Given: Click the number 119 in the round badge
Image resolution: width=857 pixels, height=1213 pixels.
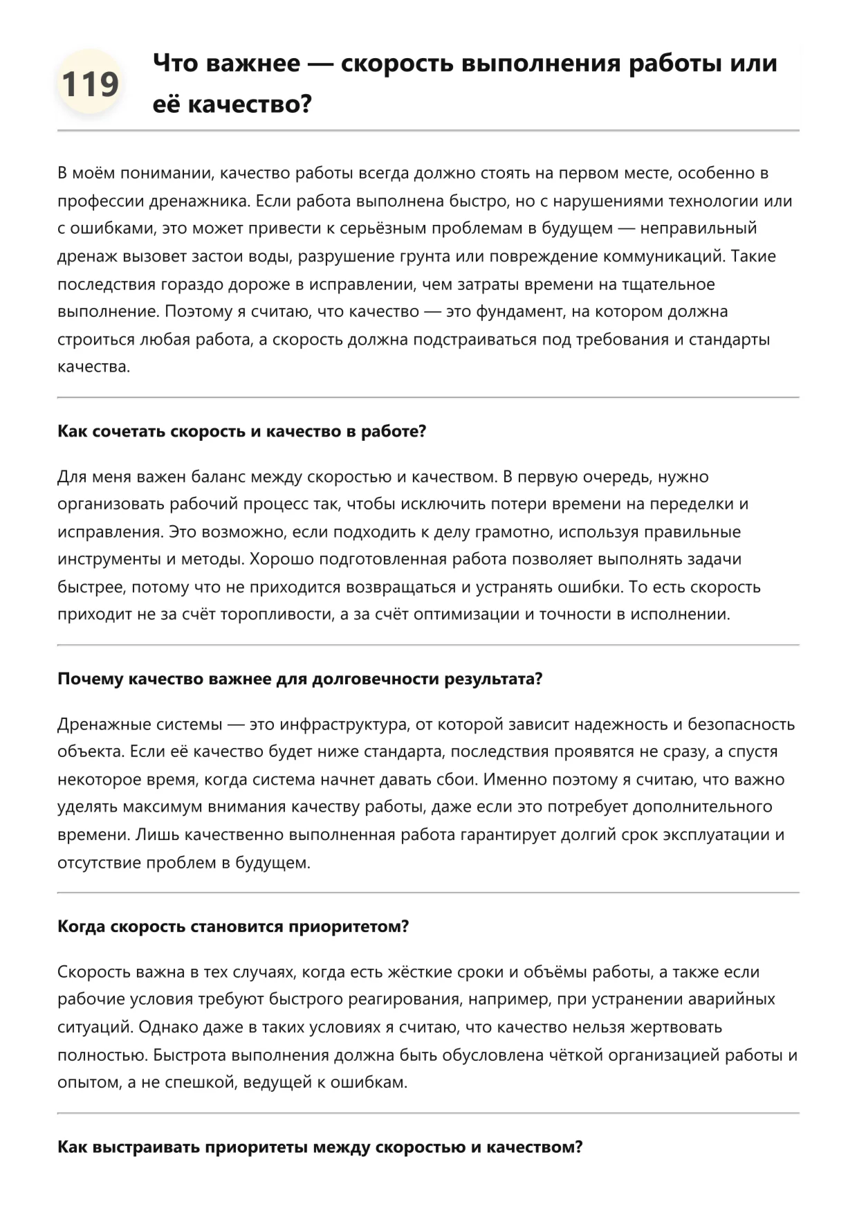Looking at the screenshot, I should [x=90, y=84].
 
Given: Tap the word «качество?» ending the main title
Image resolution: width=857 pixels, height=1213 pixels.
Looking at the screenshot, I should [x=250, y=104].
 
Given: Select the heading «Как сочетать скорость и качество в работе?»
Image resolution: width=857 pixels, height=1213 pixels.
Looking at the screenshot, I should [x=241, y=431].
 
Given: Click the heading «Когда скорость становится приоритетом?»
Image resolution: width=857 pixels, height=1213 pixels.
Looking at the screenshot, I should [x=233, y=927].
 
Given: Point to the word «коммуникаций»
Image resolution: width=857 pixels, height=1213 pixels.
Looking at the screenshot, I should [x=654, y=256].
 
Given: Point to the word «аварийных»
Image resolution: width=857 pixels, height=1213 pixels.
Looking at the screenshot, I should [x=735, y=999].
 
